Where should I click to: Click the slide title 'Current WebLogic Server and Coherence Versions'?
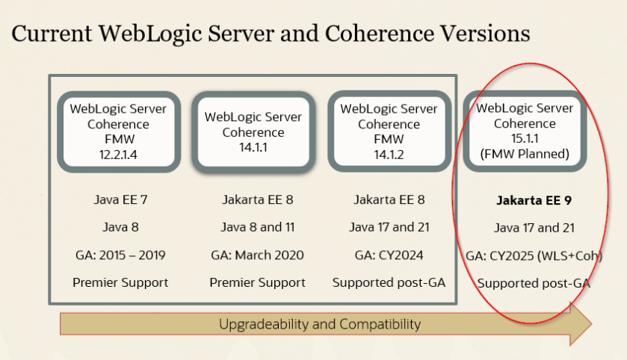[271, 34]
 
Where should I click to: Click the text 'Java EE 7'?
[118, 199]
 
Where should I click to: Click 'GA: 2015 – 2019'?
[119, 255]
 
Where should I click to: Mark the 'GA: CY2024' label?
[389, 255]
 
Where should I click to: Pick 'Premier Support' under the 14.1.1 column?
[257, 282]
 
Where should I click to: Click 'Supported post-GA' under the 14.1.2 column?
[389, 282]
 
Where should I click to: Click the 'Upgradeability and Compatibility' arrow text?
[320, 324]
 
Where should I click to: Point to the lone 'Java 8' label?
[118, 227]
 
